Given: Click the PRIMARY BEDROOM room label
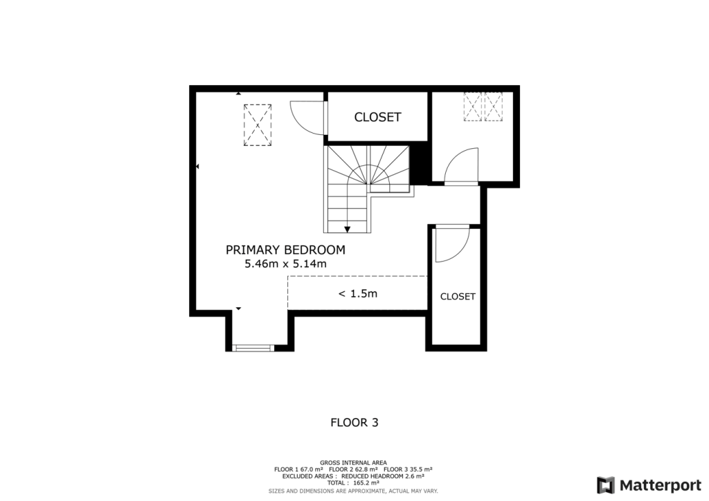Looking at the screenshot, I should click(285, 250).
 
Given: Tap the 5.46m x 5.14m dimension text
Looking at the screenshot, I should click(285, 264).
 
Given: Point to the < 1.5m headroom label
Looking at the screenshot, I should click(357, 293).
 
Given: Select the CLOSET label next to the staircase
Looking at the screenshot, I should click(377, 117).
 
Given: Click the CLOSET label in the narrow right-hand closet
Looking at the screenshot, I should click(458, 296).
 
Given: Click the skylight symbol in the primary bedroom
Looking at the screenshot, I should click(257, 125).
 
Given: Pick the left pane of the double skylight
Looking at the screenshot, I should click(473, 107).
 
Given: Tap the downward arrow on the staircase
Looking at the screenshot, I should click(347, 230).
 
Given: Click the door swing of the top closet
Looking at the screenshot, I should click(306, 118).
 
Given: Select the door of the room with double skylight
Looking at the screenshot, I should click(460, 168).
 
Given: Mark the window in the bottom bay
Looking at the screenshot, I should click(253, 347).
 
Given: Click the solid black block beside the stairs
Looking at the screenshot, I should click(419, 165).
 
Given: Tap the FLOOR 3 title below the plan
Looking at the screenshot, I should click(354, 421).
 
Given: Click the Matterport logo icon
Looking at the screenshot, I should click(606, 484).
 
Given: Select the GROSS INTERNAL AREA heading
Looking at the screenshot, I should click(353, 462).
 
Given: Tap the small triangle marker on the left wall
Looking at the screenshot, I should click(197, 167).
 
